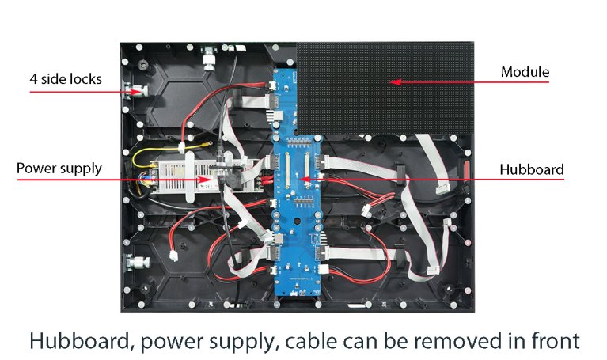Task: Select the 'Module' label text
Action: coord(525,72)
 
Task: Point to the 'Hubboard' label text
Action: coord(532,169)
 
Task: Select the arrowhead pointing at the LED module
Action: coord(390,81)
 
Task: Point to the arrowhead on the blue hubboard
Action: coord(301,180)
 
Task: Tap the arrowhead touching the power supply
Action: coord(208,180)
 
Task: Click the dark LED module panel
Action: coord(384,87)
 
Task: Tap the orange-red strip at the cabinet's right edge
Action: coord(467,170)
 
